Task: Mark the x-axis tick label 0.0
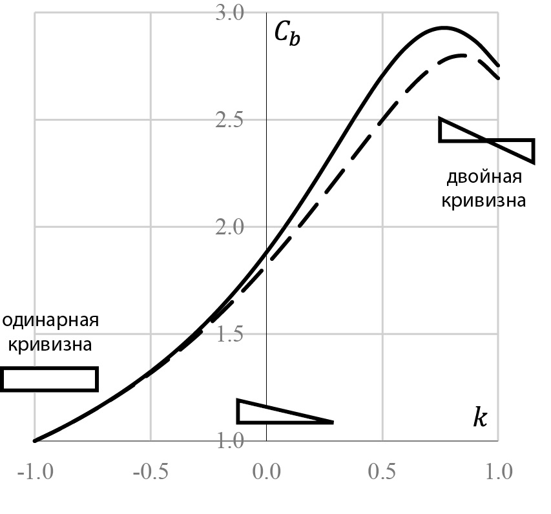point(266,472)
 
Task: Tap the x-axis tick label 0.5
point(382,472)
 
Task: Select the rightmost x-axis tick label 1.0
point(499,472)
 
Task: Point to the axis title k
point(479,418)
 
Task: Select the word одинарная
point(50,321)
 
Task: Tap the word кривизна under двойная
point(483,200)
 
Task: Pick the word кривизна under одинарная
point(49,344)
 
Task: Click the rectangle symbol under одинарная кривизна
point(50,379)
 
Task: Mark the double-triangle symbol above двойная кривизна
point(486,139)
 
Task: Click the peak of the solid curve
point(444,28)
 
